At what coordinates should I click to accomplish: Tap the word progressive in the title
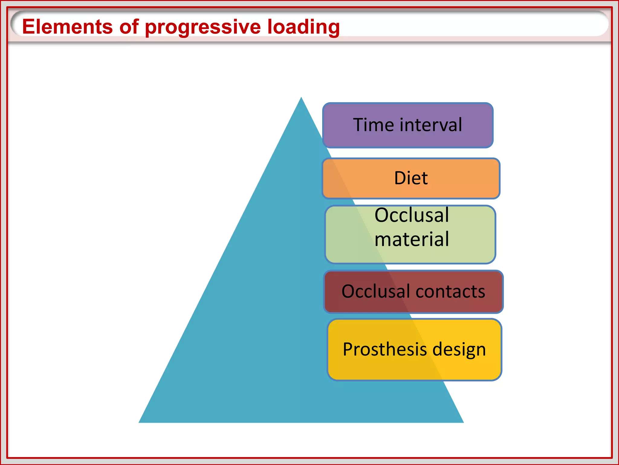(x=203, y=27)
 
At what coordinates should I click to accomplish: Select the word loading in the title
(x=303, y=27)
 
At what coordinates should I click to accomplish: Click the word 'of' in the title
(x=129, y=27)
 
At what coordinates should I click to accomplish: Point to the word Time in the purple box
(x=374, y=125)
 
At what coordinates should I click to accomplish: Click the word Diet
(x=411, y=178)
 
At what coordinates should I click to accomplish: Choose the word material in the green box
(x=412, y=239)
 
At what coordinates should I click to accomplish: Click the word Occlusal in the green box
(x=412, y=215)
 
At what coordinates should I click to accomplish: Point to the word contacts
(x=450, y=292)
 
